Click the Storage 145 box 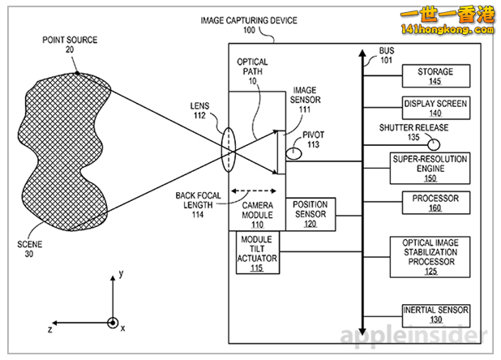click(x=435, y=75)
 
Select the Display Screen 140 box click(x=435, y=107)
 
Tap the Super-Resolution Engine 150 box click(x=430, y=167)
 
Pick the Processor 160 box click(x=435, y=202)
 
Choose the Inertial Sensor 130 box click(x=435, y=314)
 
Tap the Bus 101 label click(x=387, y=54)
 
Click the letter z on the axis click(x=50, y=330)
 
